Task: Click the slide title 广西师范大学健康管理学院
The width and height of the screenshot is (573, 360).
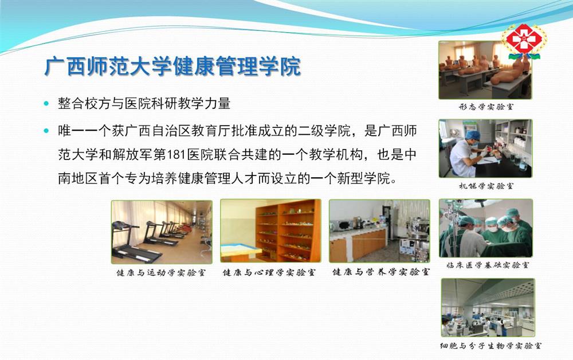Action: [x=172, y=66]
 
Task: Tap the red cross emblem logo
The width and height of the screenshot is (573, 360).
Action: [x=524, y=40]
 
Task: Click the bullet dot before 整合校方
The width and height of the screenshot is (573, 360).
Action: [x=46, y=103]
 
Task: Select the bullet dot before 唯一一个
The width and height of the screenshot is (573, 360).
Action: [x=46, y=131]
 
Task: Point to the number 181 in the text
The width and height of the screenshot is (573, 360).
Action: [x=176, y=155]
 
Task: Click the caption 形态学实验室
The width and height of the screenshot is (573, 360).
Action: [x=486, y=107]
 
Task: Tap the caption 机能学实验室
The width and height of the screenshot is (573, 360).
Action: [x=486, y=186]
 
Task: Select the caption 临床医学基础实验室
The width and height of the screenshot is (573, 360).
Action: [x=487, y=265]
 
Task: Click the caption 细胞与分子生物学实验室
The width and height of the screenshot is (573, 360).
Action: [x=490, y=345]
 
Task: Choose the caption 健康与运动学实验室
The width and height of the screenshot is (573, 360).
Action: [x=161, y=273]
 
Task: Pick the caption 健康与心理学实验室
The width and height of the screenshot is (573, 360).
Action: [x=269, y=273]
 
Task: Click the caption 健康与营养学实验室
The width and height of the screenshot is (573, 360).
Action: [x=381, y=272]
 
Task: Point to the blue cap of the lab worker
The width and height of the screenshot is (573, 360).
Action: [x=473, y=135]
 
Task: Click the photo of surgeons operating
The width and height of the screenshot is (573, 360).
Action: [x=486, y=228]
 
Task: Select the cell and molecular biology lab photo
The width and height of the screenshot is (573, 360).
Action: [x=488, y=307]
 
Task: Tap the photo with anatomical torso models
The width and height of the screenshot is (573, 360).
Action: [x=485, y=70]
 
